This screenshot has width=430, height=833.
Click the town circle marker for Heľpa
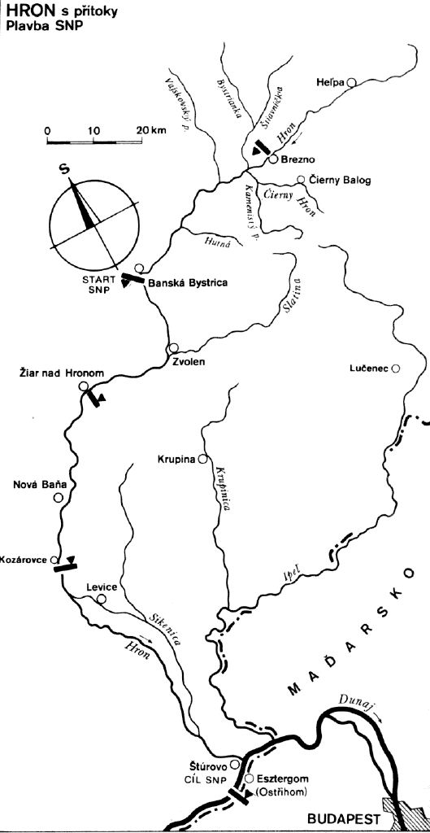click(351, 82)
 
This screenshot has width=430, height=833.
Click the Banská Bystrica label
click(188, 282)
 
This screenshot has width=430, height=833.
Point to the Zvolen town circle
click(172, 348)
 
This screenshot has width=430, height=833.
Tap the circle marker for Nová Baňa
click(59, 499)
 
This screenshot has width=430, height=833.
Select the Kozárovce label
click(25, 560)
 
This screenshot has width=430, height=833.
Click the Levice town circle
click(102, 600)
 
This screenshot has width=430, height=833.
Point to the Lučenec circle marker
click(395, 369)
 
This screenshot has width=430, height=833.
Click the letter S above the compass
click(64, 170)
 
